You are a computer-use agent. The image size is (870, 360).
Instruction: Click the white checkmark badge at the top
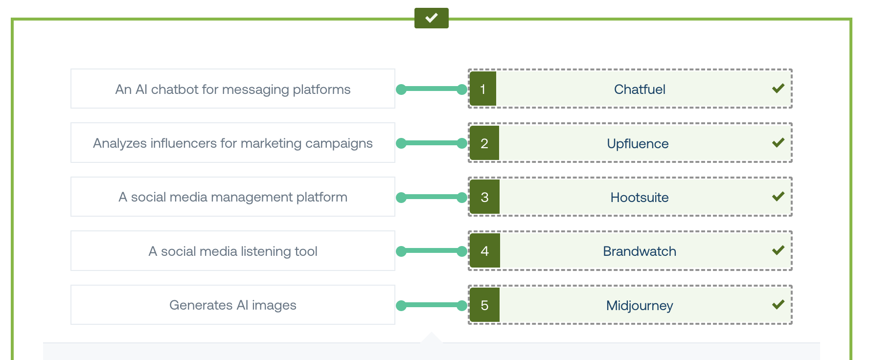point(431,18)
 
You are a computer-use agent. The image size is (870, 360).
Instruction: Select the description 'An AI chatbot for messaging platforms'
point(233,89)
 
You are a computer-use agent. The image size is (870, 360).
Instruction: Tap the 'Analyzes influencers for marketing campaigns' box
point(233,143)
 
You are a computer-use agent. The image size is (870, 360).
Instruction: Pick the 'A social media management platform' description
point(233,197)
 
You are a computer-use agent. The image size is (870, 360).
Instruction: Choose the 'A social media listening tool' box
point(233,251)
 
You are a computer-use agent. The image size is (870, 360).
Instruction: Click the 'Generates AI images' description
point(233,305)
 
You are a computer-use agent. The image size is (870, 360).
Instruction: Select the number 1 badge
point(483,89)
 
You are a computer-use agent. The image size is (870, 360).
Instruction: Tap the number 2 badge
point(484,143)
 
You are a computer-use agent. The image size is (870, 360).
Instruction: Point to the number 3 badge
point(484,197)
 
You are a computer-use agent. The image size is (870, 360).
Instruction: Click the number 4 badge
point(485,251)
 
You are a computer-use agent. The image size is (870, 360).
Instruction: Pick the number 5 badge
point(484,305)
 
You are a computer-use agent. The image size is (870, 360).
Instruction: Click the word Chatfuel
point(640,89)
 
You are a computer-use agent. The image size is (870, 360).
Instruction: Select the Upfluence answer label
point(638,143)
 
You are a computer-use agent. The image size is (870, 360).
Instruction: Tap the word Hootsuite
point(640,197)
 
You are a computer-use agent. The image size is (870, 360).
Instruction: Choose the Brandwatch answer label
point(640,251)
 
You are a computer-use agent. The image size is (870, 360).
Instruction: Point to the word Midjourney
point(640,306)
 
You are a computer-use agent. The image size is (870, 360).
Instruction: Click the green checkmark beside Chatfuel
point(778,89)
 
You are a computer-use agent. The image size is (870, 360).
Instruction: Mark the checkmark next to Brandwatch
point(778,250)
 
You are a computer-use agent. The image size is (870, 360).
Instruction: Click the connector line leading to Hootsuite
point(432,197)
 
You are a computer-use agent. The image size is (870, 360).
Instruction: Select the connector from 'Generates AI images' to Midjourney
point(432,305)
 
